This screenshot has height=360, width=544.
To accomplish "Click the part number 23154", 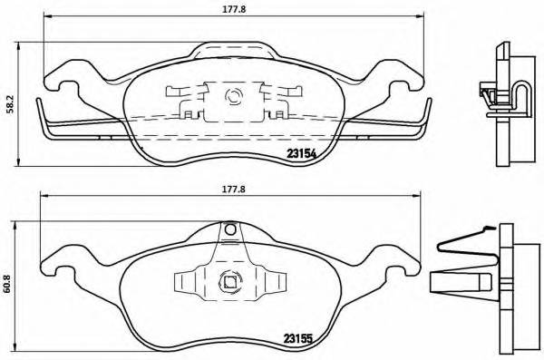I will (301, 153).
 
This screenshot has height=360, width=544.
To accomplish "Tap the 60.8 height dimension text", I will (9, 283).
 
